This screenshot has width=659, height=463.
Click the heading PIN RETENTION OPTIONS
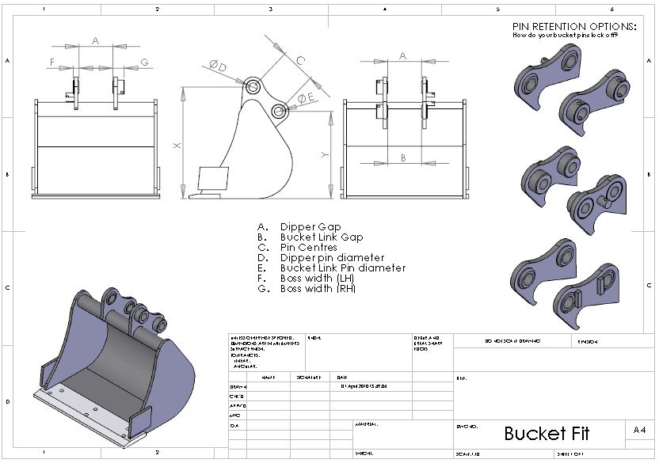coord(573,26)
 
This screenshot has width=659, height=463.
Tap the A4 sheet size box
coord(639,430)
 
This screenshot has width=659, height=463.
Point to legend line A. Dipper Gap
coord(309,226)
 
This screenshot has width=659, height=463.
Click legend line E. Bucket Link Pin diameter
coord(342,268)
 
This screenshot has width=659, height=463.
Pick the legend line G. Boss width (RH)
coord(318,289)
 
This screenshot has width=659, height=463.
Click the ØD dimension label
coord(218,66)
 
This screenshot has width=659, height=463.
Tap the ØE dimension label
coord(306,97)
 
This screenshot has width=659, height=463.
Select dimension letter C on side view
coord(300,60)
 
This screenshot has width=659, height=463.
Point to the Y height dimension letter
coord(324,155)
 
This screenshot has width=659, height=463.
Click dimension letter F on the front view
coord(52,62)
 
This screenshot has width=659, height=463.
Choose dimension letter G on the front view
coord(144,62)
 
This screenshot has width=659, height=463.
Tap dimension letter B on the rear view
coord(402,158)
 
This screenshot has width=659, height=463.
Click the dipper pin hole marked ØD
coord(253,86)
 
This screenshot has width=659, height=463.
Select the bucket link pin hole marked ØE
coord(279,112)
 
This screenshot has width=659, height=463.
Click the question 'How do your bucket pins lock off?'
coord(566,36)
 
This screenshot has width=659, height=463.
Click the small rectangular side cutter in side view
coord(211,178)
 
